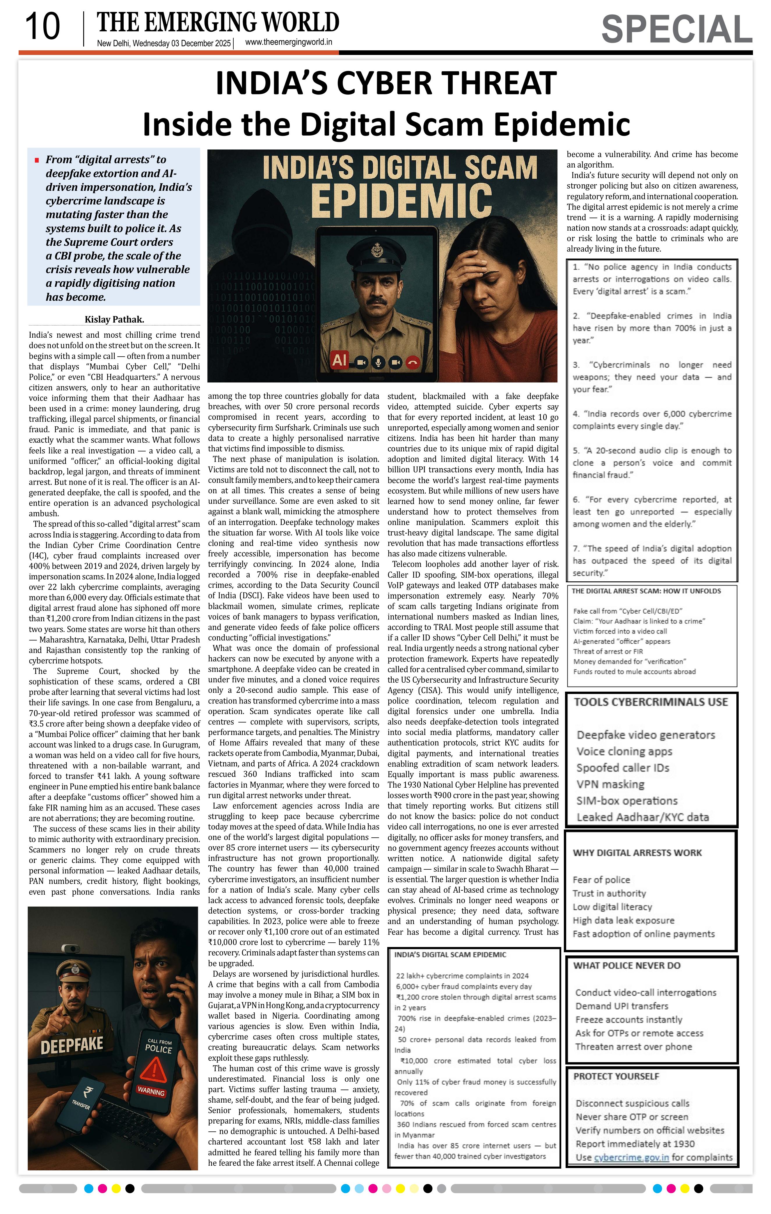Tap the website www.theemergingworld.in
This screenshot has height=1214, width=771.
pos(288,42)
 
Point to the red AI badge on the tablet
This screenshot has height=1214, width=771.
pos(339,360)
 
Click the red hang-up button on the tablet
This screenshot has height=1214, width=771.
pos(413,362)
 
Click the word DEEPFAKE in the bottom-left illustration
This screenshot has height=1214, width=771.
pos(72,1044)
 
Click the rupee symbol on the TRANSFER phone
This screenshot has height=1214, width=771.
pos(89,1093)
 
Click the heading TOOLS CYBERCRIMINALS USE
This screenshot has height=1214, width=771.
pos(651,702)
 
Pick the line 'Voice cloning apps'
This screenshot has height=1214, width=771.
pos(624,752)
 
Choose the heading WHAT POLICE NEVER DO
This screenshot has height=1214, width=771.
pos(627,965)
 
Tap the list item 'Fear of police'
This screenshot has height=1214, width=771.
pos(601,880)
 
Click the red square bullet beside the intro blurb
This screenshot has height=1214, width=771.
pos(37,160)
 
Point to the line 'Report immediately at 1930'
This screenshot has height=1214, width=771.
pos(635,1144)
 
